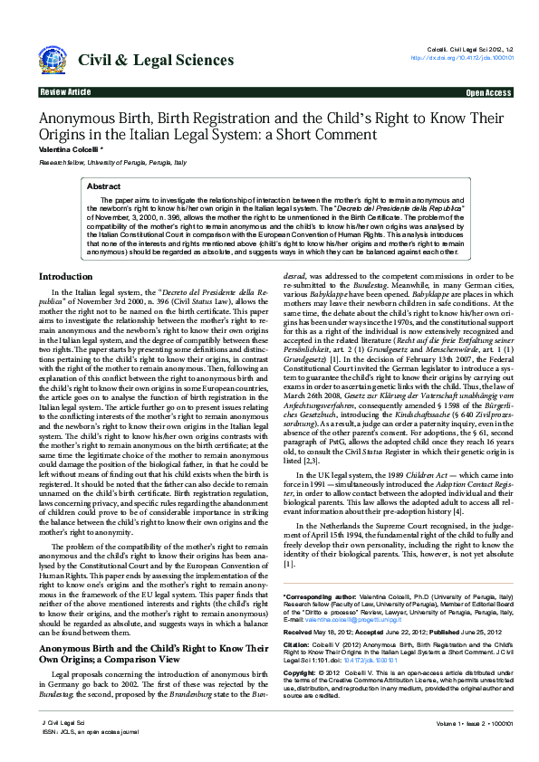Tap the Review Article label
[65, 92]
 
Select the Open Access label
[488, 92]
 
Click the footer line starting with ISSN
[87, 731]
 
